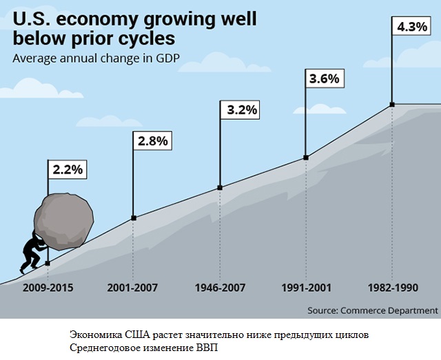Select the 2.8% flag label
click(152, 141)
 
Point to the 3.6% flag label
click(324, 78)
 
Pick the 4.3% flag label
click(411, 28)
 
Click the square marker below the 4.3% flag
click(392, 105)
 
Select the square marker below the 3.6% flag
click(306, 158)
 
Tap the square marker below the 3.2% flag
click(220, 187)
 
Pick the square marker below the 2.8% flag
click(134, 218)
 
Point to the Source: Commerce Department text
click(372, 310)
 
